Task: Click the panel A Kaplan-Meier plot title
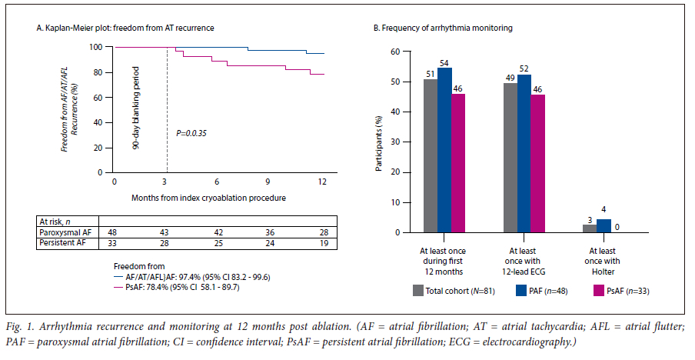pos(125,28)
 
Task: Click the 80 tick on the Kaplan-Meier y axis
pos(97,73)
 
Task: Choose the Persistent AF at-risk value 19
pos(323,243)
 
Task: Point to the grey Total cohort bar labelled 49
pos(510,158)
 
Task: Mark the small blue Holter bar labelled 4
pos(604,225)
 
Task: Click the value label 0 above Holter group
pos(617,226)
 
